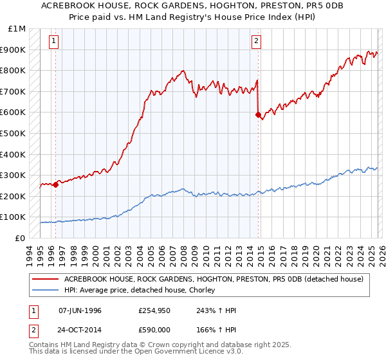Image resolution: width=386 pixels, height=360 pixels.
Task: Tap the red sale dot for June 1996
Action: tap(55, 184)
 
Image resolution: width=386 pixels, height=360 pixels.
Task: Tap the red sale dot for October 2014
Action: tap(258, 115)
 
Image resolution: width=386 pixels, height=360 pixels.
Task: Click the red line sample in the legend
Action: tap(46, 279)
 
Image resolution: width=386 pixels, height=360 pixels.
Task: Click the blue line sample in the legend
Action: tap(46, 290)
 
